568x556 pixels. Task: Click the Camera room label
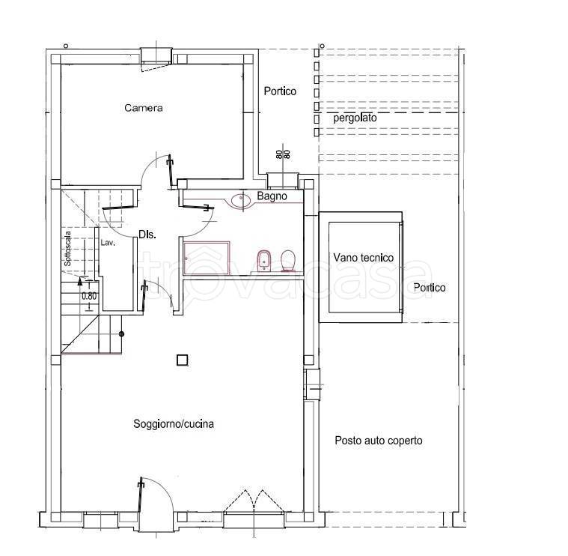(144, 108)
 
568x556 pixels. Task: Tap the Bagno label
(272, 196)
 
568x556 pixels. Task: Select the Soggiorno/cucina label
(174, 423)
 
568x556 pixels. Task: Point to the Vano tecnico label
(364, 258)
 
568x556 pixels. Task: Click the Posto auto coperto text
(379, 441)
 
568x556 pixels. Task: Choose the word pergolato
(355, 118)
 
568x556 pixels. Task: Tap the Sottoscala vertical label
(67, 249)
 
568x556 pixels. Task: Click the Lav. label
(108, 243)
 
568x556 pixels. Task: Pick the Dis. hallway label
(147, 235)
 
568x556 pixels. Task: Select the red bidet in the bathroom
(263, 260)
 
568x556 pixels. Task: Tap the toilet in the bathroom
(289, 260)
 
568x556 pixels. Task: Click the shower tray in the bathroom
(207, 259)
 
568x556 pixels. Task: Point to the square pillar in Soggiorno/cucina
(182, 360)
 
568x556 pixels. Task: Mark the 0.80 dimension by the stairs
(89, 296)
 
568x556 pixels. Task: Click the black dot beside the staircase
(122, 333)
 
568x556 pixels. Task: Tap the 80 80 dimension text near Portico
(284, 154)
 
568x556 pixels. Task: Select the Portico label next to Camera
(280, 91)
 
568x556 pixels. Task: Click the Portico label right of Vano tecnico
(430, 288)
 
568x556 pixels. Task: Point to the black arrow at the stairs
(80, 281)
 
